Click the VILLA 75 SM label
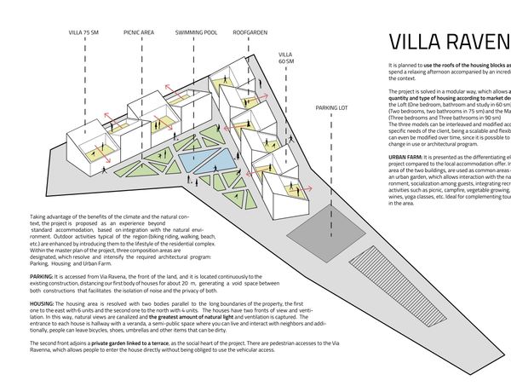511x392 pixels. coord(84,32)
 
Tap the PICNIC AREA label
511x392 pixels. coord(138,32)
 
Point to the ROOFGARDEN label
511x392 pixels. coord(251,32)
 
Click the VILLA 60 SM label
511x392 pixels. coord(286,57)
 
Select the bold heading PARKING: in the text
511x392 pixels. coord(43,277)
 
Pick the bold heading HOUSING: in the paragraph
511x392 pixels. coord(43,302)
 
